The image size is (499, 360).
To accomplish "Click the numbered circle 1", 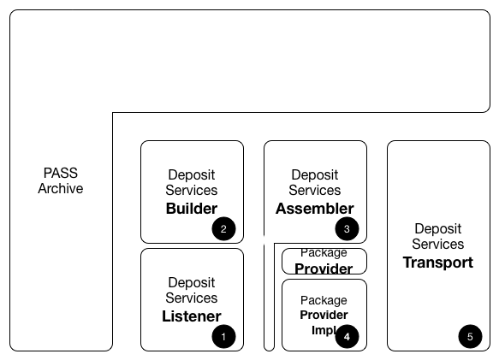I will point(223,337).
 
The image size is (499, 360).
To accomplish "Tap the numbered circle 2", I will point(223,228).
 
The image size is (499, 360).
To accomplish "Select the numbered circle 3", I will point(347,228).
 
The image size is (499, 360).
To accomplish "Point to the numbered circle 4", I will point(347,337).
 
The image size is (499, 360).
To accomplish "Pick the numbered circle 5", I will point(470,337).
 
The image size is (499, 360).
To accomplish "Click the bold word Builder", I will point(192,209).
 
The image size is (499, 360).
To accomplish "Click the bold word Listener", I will point(192,316).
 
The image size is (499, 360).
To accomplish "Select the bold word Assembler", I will point(315,209).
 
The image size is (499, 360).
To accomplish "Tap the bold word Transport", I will point(438,263).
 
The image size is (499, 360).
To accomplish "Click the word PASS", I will point(61,173).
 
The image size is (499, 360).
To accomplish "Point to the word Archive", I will point(61,188).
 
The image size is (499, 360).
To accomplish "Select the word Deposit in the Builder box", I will point(192,174).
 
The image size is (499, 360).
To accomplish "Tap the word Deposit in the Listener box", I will point(192,282).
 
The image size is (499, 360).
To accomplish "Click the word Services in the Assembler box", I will point(315,190).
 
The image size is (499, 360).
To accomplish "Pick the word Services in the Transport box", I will point(438,244).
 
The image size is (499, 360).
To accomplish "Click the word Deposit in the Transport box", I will point(438,228).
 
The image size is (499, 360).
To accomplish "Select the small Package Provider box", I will point(324,261).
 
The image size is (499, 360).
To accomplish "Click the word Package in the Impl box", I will point(324,300).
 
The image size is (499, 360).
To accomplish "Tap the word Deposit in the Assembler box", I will point(315,174).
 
